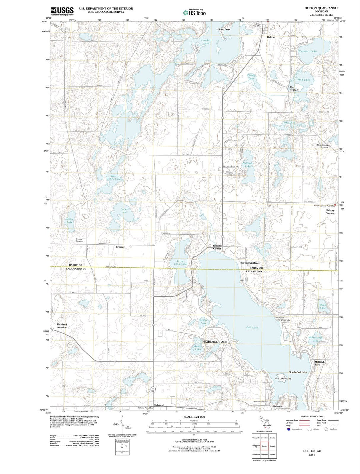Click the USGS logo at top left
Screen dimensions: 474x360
(62, 11)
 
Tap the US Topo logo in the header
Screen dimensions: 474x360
(194, 13)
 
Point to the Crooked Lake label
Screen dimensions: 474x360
(206, 42)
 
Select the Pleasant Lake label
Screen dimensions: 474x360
(307, 51)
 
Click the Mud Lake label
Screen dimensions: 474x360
(304, 80)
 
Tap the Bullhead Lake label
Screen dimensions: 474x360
(248, 164)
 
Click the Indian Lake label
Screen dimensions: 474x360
(124, 210)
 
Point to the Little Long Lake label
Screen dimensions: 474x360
(180, 262)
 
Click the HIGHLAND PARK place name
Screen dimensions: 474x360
(215, 342)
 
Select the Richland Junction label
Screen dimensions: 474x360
(62, 326)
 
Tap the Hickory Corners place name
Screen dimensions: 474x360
(330, 212)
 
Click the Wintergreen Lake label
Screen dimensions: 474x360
(315, 339)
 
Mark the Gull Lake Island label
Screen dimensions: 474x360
(283, 379)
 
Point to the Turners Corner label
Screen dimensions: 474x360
(217, 247)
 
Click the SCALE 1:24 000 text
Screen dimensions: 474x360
(194, 417)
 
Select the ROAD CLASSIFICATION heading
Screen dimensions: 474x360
(312, 416)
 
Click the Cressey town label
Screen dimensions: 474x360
(120, 247)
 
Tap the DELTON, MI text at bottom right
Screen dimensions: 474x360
(311, 450)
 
